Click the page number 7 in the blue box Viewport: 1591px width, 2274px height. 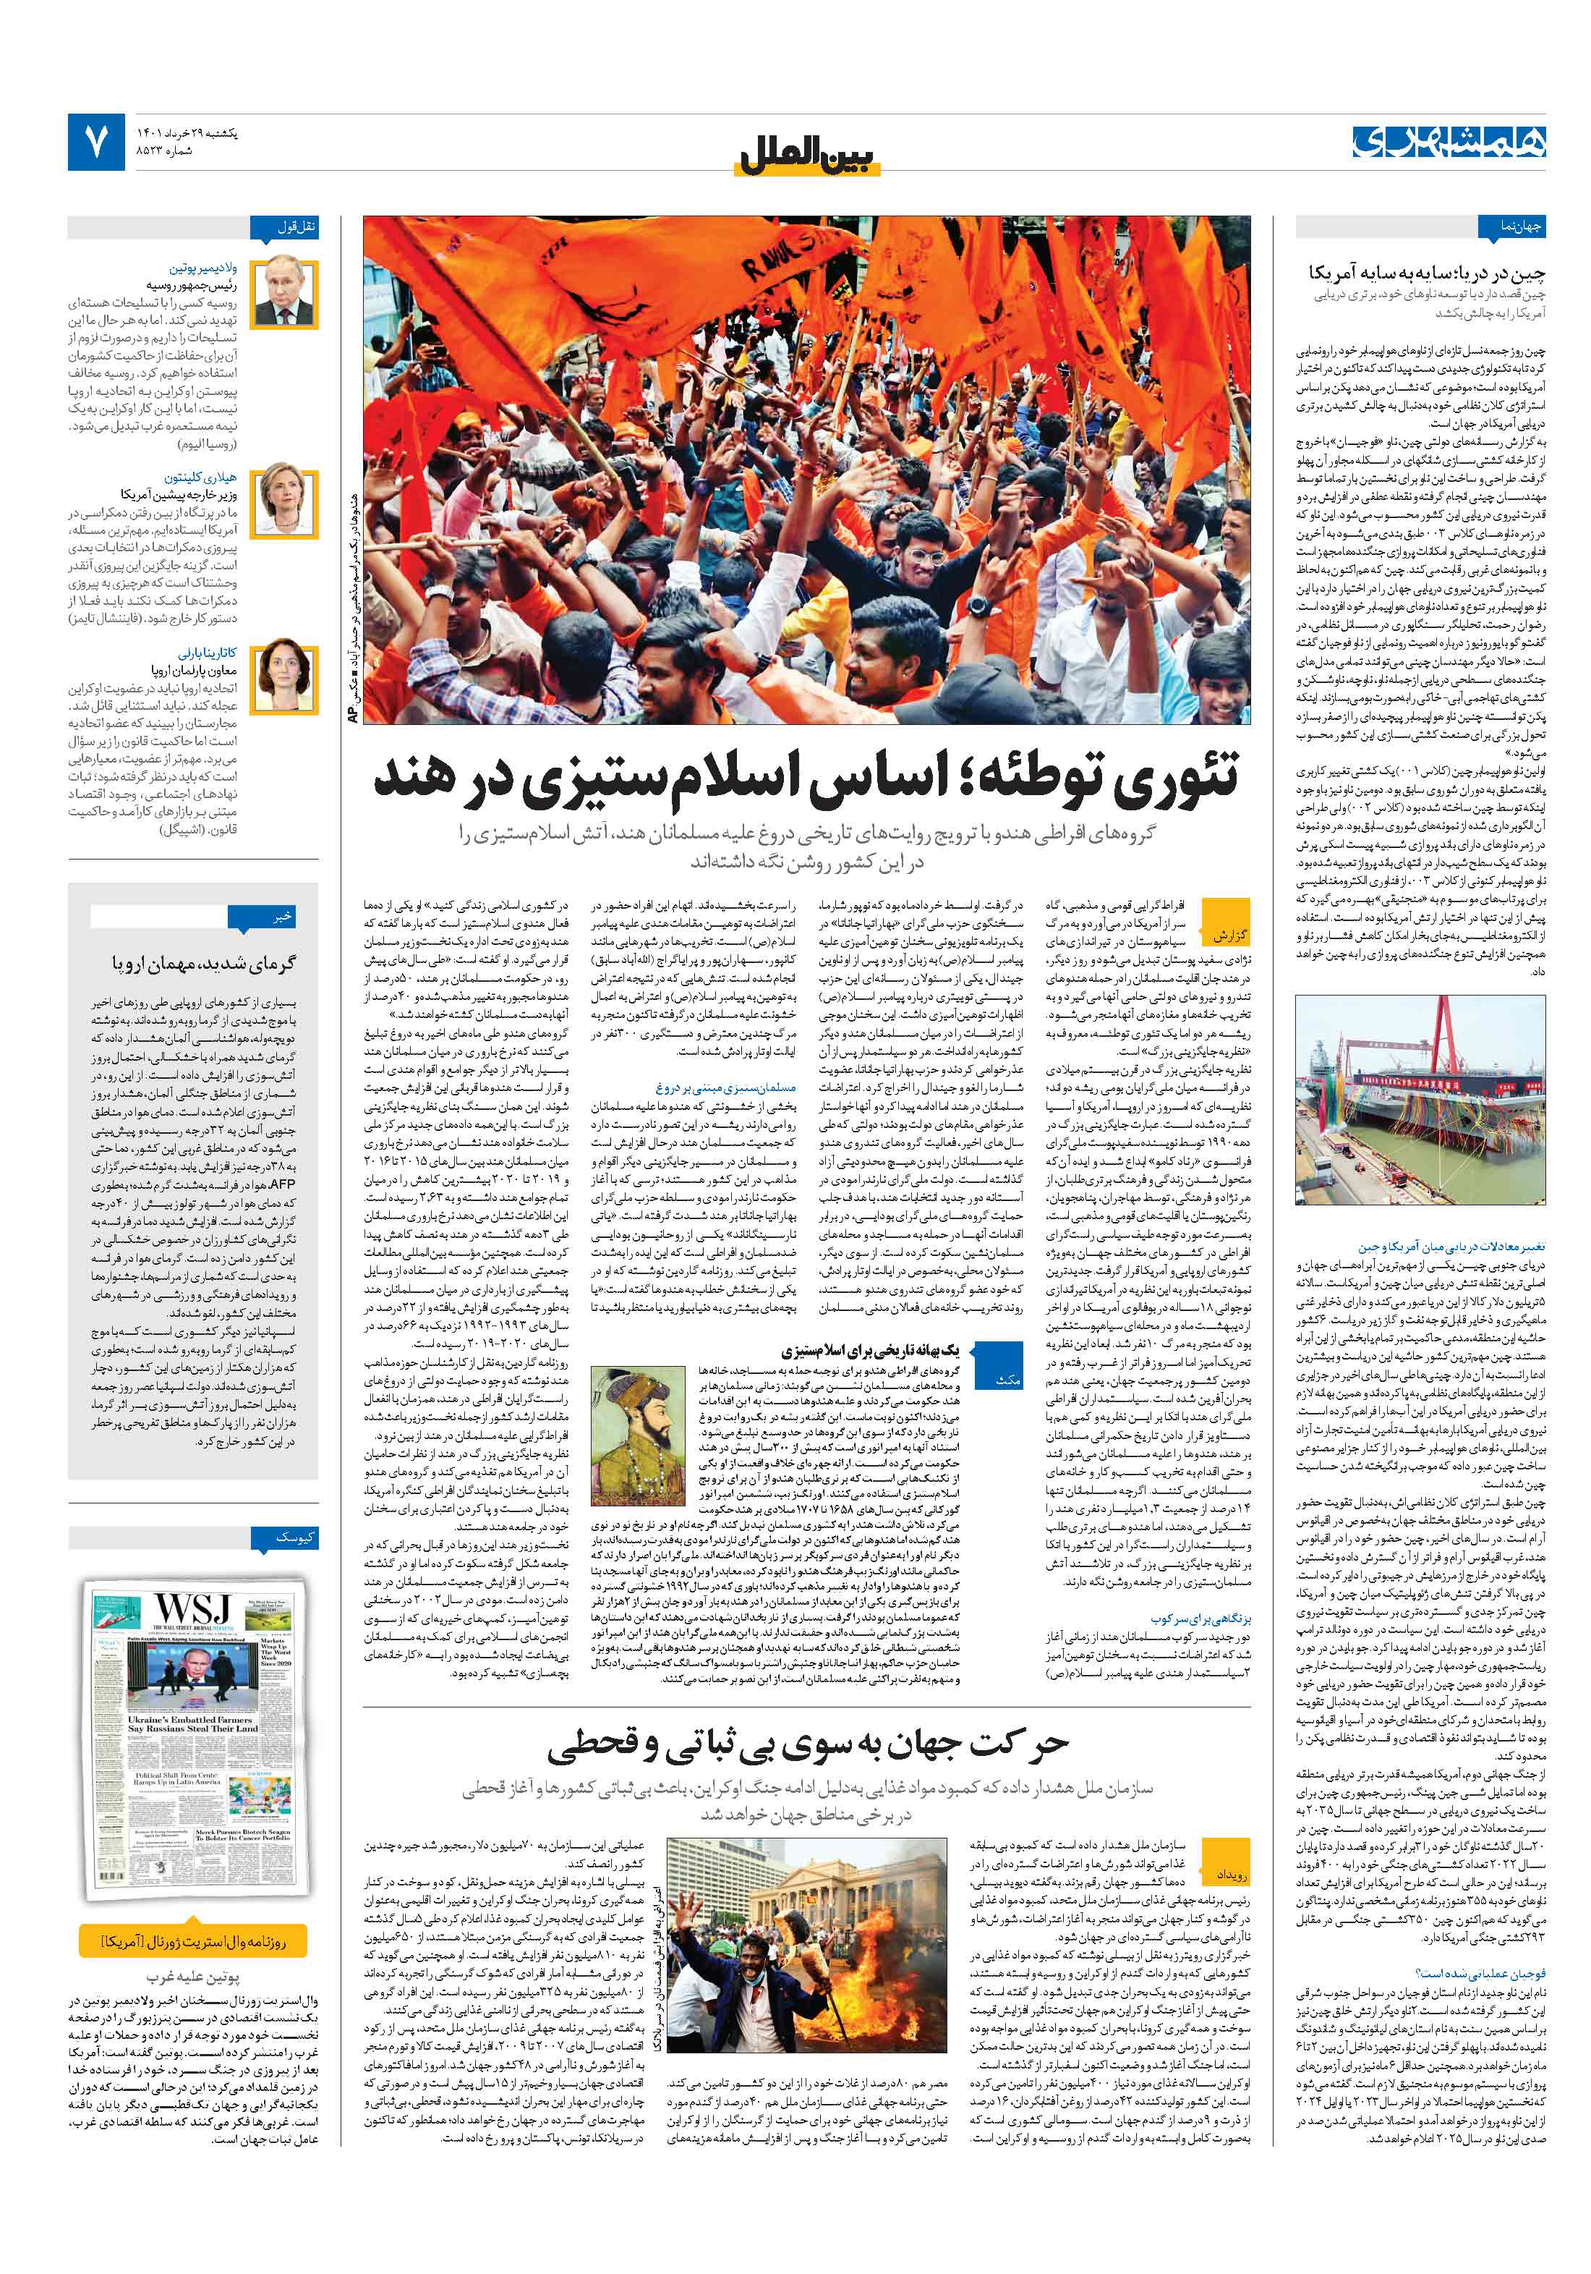tap(96, 143)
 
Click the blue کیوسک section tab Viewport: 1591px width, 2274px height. tap(297, 1538)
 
